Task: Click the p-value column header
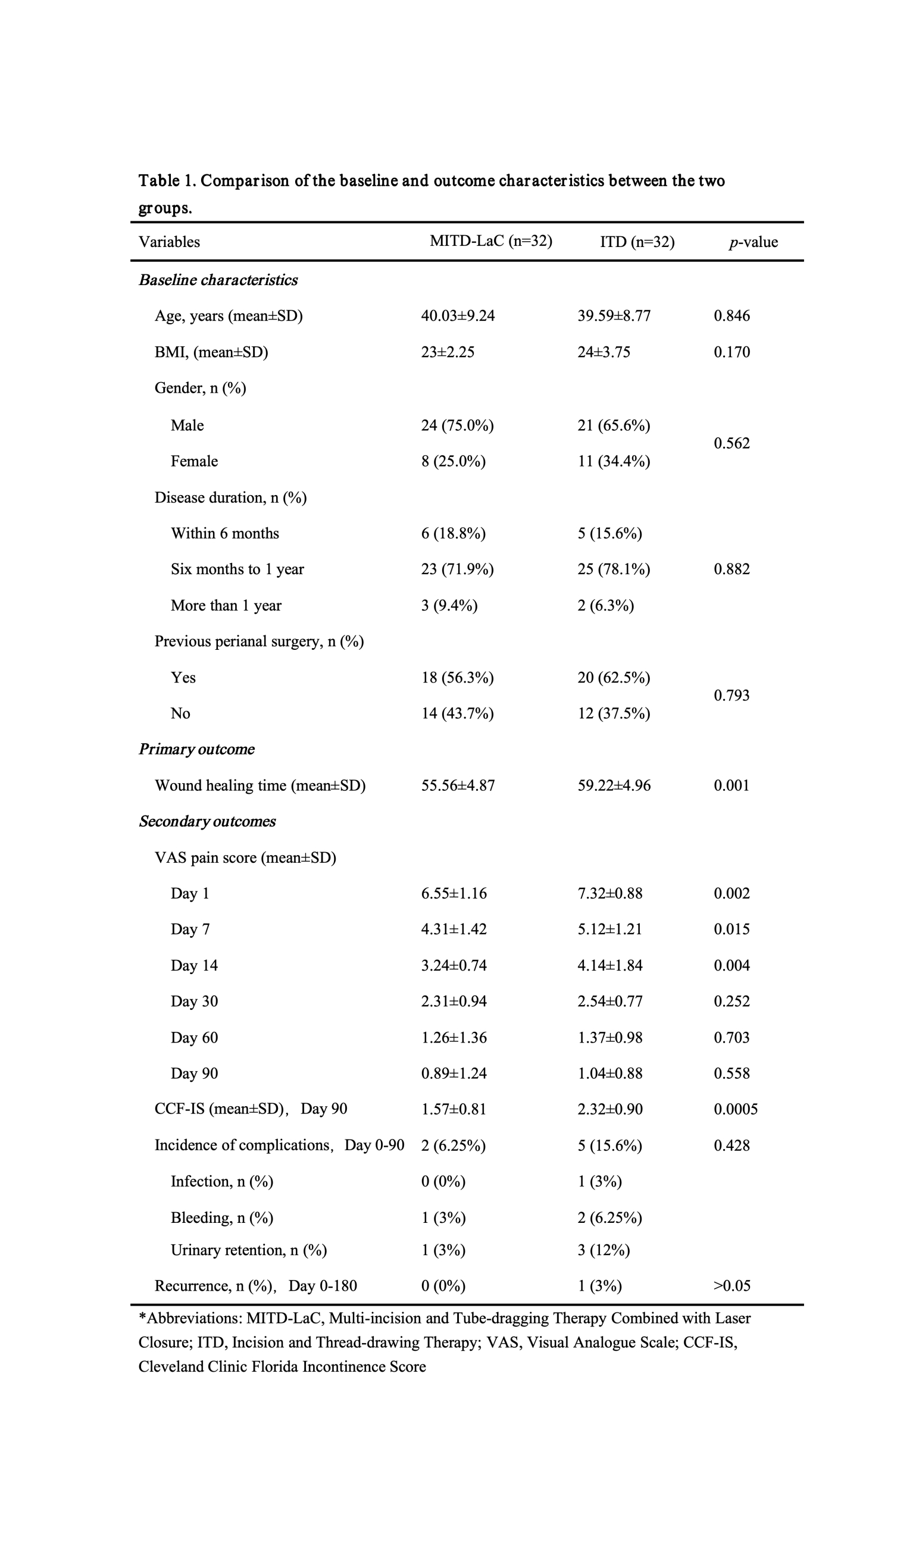pos(752,242)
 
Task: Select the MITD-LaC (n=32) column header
pos(490,240)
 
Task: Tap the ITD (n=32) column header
pos(637,242)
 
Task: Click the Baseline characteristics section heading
pos(218,280)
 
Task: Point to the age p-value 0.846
pos(731,316)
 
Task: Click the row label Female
pos(194,461)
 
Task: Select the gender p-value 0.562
pos(731,443)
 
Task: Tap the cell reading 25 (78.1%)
pos(614,569)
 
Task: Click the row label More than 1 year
pos(226,605)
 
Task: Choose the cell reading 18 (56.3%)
pos(457,678)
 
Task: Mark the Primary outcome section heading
pos(196,749)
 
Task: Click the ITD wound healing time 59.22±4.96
pos(614,785)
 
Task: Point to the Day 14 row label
pos(194,965)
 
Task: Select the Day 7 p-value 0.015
pos(731,930)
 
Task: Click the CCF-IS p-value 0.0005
pos(735,1109)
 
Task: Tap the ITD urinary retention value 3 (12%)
pos(604,1250)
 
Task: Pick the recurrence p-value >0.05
pos(731,1285)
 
